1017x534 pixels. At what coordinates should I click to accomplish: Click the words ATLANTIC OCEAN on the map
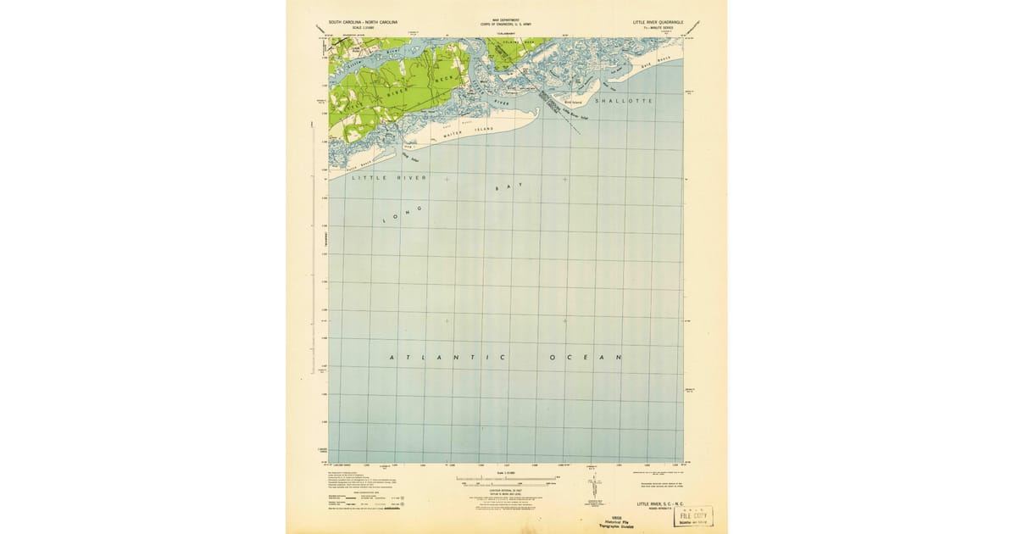[x=506, y=358]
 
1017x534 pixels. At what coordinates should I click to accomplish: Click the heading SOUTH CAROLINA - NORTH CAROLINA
[x=363, y=22]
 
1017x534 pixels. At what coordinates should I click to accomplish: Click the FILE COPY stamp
[x=692, y=515]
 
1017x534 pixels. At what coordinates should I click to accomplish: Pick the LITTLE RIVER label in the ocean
[x=390, y=178]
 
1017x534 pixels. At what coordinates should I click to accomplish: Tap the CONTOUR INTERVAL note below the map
[x=506, y=492]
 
